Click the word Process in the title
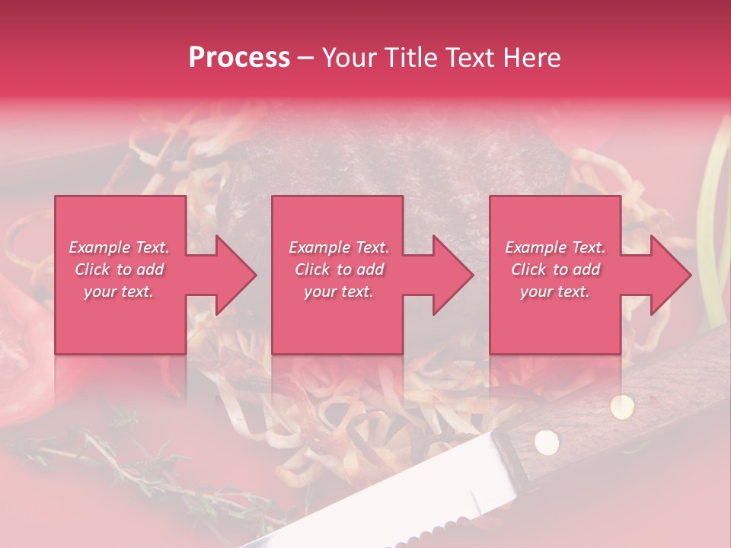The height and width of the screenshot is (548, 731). [239, 58]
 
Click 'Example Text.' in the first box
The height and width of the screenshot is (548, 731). [119, 247]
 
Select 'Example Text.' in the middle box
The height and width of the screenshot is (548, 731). [339, 247]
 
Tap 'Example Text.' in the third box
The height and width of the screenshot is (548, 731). [555, 247]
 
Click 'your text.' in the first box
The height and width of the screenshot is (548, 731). [119, 292]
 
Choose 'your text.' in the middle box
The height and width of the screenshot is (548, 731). [339, 292]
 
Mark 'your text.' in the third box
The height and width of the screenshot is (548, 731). [555, 292]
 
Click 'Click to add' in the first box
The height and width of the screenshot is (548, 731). [119, 269]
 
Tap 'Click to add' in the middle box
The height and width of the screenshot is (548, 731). [339, 269]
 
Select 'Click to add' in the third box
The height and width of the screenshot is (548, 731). [555, 269]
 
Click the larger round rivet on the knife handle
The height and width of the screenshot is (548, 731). [545, 441]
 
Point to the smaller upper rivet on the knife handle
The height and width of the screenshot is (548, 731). [623, 406]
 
